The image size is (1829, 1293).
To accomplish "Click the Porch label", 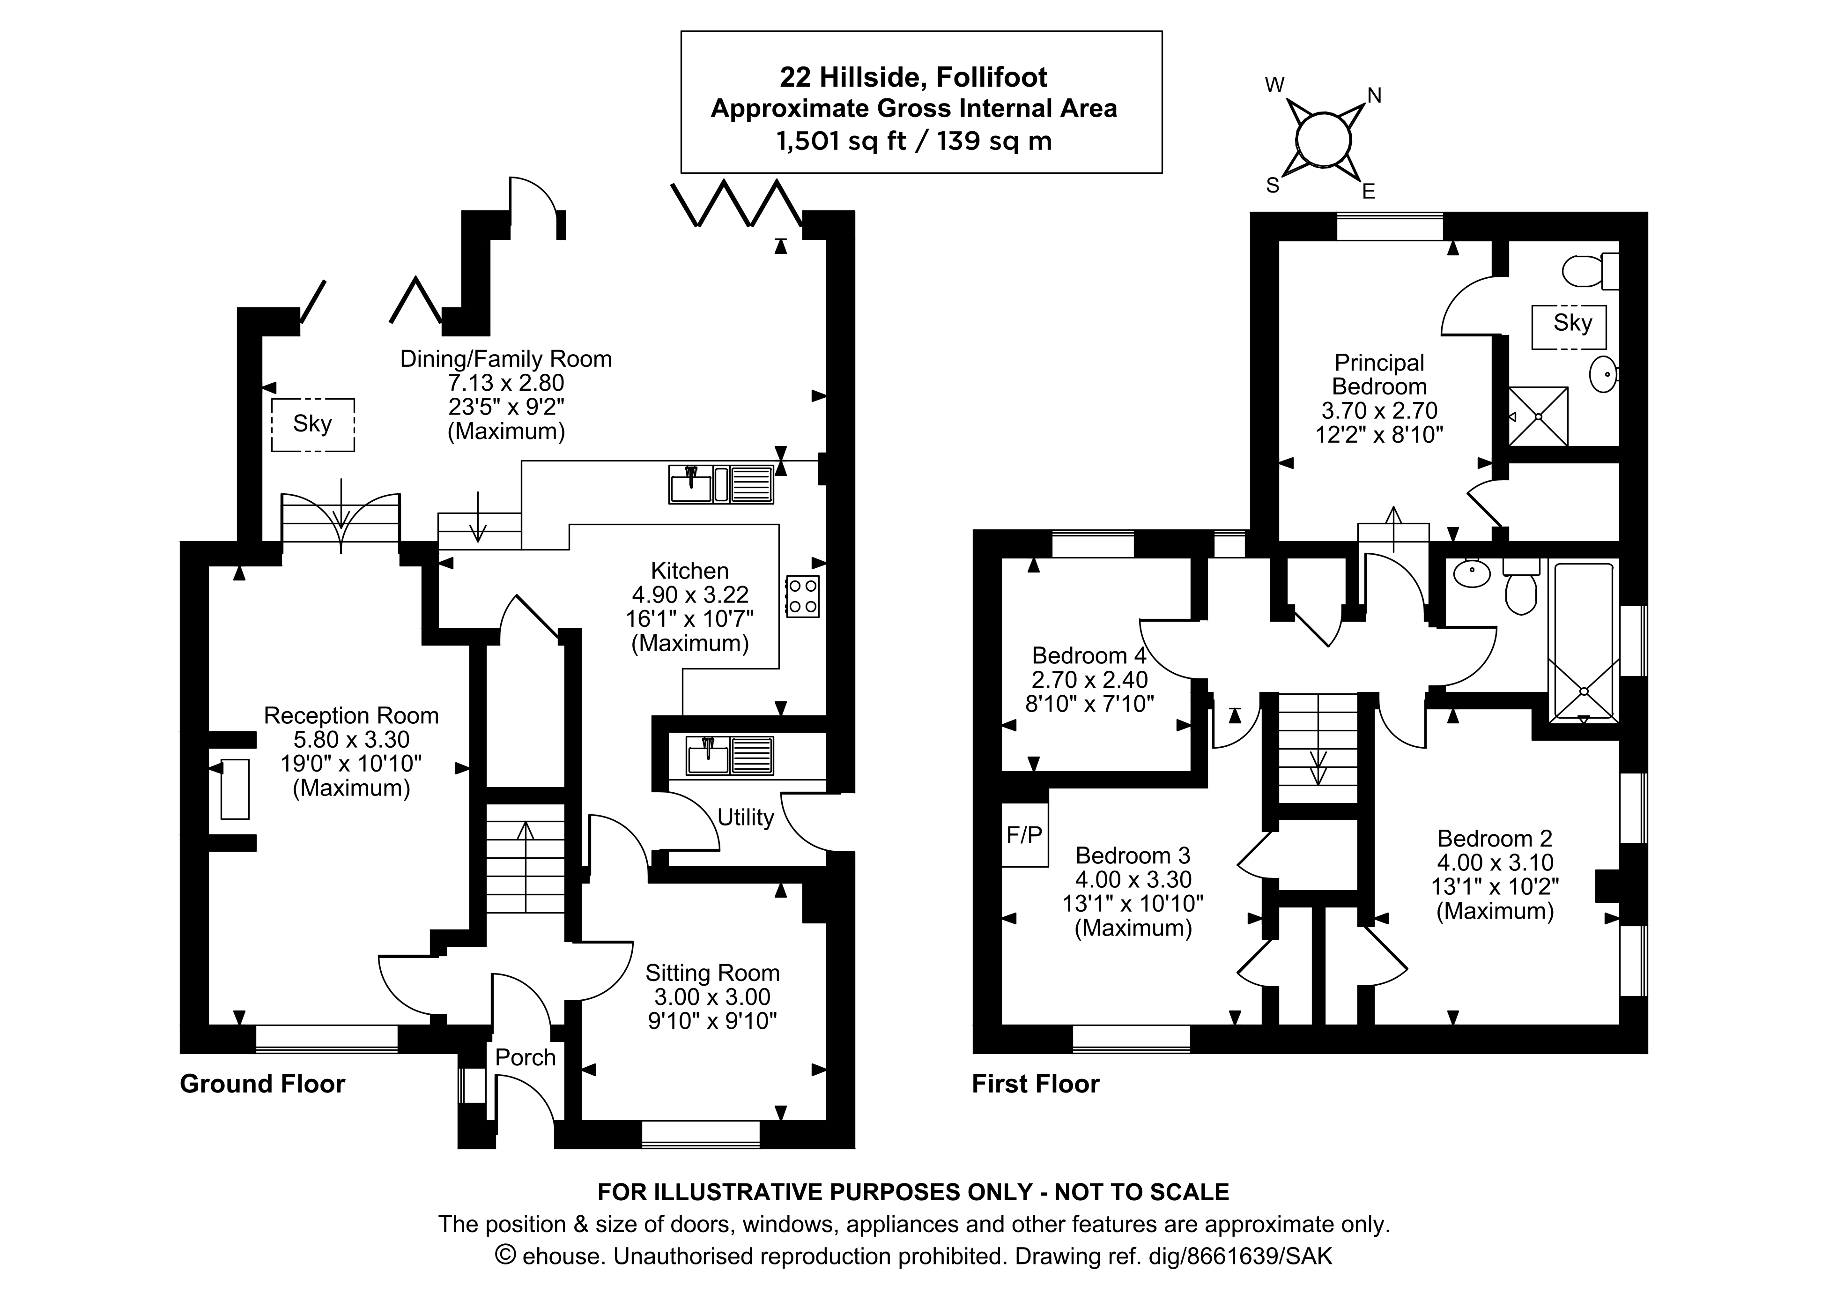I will [x=525, y=1057].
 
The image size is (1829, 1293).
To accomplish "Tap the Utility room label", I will [x=746, y=817].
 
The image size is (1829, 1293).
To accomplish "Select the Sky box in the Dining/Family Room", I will [x=312, y=424].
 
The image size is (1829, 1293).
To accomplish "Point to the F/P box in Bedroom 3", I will [x=1024, y=835].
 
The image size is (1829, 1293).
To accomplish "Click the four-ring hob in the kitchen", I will [x=802, y=596].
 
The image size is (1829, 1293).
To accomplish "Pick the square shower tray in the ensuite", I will [x=1538, y=416].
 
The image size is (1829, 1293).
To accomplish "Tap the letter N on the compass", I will [x=1374, y=96].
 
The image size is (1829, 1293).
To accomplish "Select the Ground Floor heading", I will [x=262, y=1084].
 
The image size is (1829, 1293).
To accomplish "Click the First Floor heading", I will [x=1036, y=1084].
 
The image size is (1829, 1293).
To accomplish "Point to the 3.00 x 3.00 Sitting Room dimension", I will [x=712, y=996].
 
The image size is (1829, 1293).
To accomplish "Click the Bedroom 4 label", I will [x=1089, y=656].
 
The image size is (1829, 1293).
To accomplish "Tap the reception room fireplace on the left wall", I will [x=234, y=789].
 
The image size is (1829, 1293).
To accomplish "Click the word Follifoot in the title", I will [x=991, y=77].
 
